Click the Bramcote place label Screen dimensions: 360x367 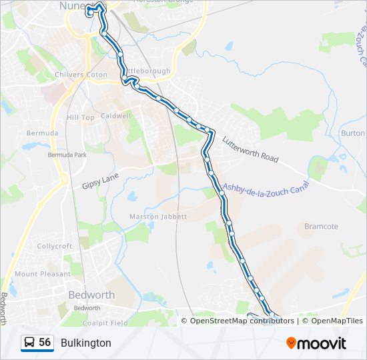(321, 227)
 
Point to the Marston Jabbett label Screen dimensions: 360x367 (159, 217)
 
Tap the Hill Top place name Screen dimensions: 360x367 (81, 117)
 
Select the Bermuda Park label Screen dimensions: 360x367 (67, 155)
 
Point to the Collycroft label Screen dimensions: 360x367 (55, 246)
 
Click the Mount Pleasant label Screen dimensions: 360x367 (42, 274)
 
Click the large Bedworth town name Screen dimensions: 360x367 (92, 295)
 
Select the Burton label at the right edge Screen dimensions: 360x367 (353, 133)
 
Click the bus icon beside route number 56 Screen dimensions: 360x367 (29, 343)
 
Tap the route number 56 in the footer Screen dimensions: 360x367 (45, 343)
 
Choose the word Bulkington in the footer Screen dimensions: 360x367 (86, 343)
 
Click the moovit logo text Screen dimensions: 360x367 (322, 343)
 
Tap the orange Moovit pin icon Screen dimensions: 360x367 (291, 343)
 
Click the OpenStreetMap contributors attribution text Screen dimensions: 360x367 (242, 321)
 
